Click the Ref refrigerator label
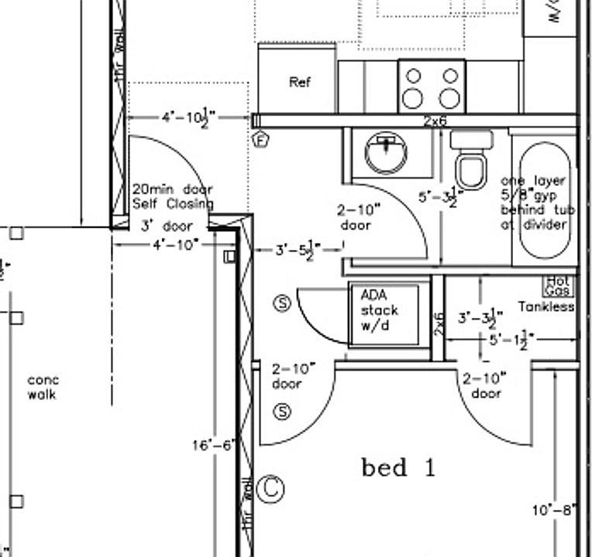pos(300,82)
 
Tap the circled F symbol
pos(261,140)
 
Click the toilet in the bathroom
pos(471,162)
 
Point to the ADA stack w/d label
pos(380,310)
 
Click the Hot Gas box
pos(559,287)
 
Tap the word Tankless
pos(547,306)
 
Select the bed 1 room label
pos(398,468)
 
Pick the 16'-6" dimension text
pos(214,445)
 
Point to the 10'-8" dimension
pos(553,511)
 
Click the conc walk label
pos(43,388)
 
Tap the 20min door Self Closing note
pos(172,196)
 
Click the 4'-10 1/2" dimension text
pos(188,118)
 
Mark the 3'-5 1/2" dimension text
pos(298,250)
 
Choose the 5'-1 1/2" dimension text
pos(511,340)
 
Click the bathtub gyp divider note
pos(534,203)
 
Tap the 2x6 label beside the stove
pos(435,121)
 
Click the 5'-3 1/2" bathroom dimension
pos(440,198)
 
